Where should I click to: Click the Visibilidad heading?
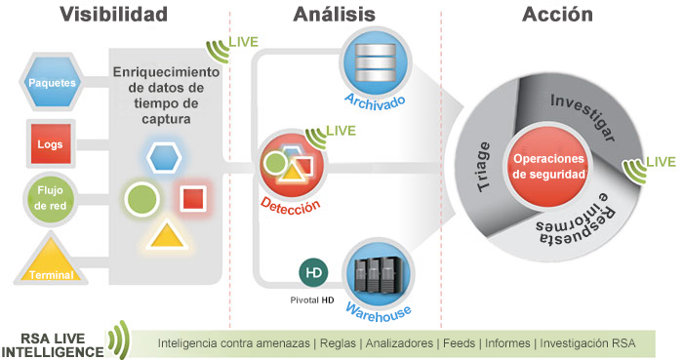pos(113,15)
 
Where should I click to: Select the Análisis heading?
pos(335,15)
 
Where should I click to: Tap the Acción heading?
pos(558,15)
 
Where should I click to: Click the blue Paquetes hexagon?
pos(53,83)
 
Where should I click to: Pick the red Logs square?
pos(50,144)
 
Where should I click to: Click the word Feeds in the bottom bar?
pos(459,344)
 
